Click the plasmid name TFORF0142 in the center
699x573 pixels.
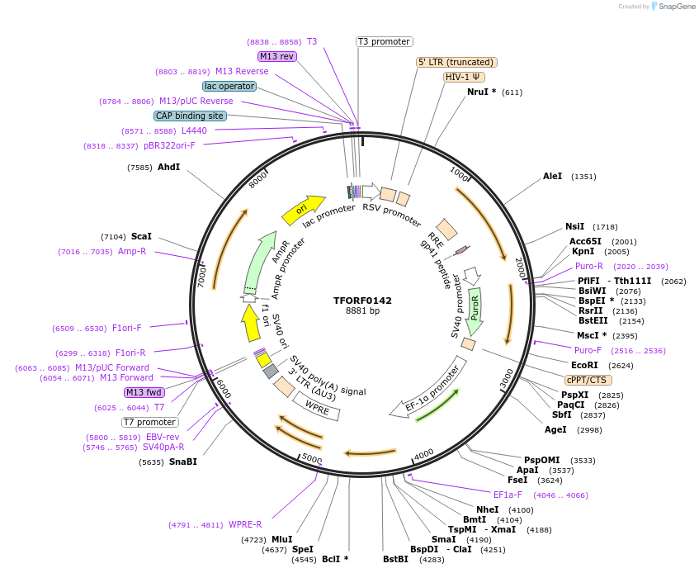pos(362,301)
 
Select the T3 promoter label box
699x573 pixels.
pos(385,41)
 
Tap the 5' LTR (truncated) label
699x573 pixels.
pos(456,62)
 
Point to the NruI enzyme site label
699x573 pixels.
pos(478,92)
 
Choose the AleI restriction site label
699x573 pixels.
pos(552,176)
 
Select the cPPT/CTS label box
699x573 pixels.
pos(587,380)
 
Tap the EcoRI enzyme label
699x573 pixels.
pos(584,364)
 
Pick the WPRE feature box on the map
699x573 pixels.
pos(317,405)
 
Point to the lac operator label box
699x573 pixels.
pos(229,86)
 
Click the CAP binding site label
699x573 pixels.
pos(190,116)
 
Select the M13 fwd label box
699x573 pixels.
pos(144,392)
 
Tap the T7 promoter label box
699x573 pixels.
pos(150,422)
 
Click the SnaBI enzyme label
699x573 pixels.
pos(182,462)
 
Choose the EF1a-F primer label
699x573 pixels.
pos(508,495)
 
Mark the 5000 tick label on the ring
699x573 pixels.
pos(311,457)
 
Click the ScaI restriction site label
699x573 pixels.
pos(141,236)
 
